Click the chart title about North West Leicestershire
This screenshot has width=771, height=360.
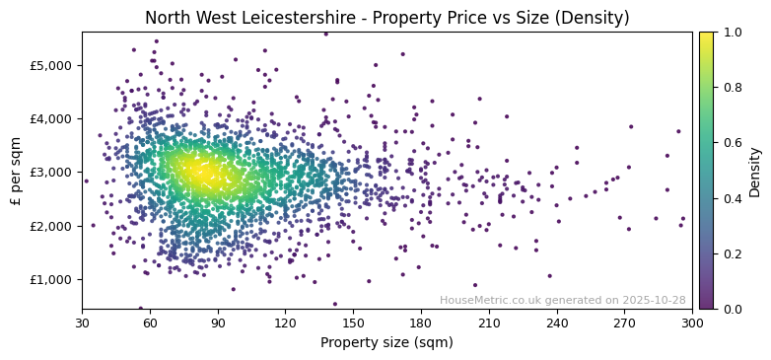click(386, 18)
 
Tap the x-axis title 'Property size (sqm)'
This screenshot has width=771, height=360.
click(386, 343)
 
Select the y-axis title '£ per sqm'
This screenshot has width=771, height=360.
click(16, 171)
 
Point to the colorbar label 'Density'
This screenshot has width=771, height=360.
click(755, 171)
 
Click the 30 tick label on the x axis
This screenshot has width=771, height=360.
click(82, 323)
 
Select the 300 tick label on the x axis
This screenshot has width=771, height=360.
click(692, 323)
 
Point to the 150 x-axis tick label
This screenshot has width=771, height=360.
click(353, 323)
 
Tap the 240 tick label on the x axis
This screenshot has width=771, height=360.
click(557, 323)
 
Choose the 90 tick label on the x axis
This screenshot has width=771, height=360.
click(218, 323)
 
